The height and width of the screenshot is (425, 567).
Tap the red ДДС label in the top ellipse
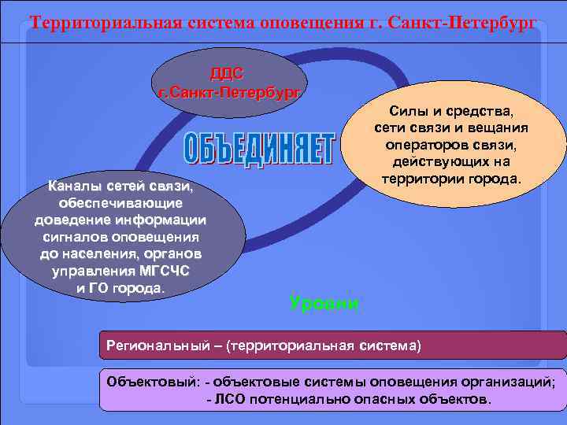point(227,73)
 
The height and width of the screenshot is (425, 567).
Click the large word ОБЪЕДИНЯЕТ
point(260,150)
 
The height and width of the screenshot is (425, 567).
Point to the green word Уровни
point(324,303)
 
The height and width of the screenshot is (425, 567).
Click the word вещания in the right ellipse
point(501,128)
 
